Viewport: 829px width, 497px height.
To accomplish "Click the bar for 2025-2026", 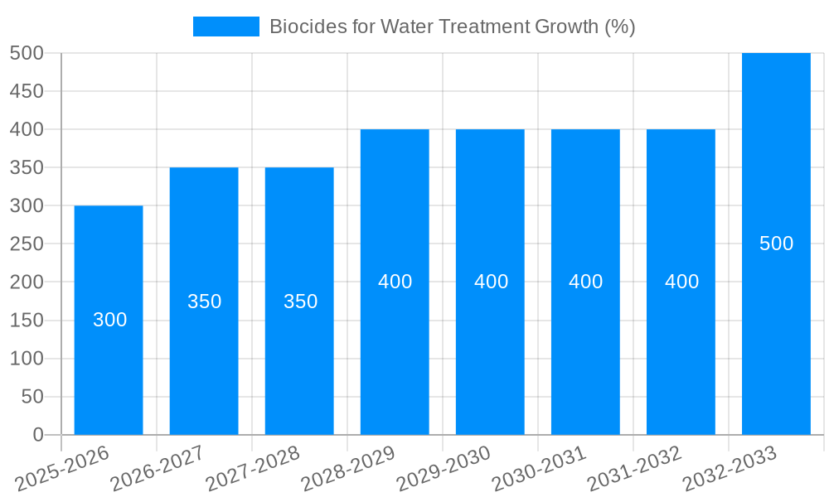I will point(109,364).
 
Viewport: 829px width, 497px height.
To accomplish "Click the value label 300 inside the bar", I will point(109,320).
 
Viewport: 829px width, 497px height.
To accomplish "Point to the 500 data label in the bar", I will point(776,244).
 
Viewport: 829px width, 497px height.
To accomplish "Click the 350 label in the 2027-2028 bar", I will point(300,302).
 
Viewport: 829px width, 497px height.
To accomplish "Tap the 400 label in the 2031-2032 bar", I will point(681,282).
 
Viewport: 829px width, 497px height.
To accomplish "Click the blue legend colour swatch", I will point(225,27).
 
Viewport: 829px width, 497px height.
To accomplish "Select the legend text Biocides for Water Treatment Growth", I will point(452,27).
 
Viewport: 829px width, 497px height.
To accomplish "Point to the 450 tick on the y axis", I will point(27,91).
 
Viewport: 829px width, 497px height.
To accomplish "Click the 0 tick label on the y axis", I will point(37,435).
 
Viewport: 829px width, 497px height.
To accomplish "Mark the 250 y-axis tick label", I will point(27,244).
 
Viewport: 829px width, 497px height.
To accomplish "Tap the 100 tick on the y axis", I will point(27,359).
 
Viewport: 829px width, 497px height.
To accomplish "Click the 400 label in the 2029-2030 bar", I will point(491,282).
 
